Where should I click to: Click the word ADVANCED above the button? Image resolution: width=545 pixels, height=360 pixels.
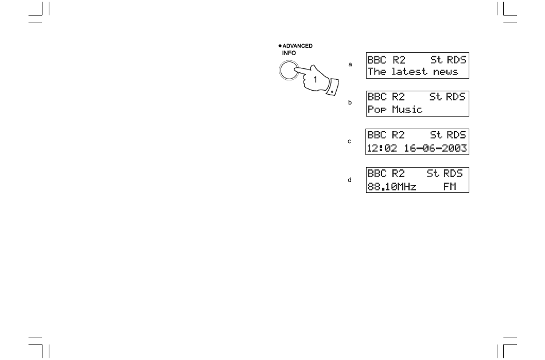point(298,46)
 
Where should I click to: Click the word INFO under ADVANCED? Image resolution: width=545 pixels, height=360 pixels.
point(289,52)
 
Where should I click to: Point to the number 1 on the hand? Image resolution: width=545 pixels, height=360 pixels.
point(315,80)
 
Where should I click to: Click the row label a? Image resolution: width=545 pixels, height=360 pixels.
point(350,64)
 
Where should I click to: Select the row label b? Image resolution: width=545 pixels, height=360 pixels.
point(350,103)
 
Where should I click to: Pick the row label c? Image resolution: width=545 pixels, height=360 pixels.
point(350,141)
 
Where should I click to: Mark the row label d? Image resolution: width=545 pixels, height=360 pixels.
point(350,180)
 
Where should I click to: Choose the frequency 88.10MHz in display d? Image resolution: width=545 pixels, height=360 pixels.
point(391,187)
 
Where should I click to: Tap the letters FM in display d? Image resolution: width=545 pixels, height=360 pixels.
point(449,187)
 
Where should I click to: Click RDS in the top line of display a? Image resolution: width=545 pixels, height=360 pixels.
point(457,60)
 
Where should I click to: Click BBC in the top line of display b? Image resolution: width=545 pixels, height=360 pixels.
point(377,96)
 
